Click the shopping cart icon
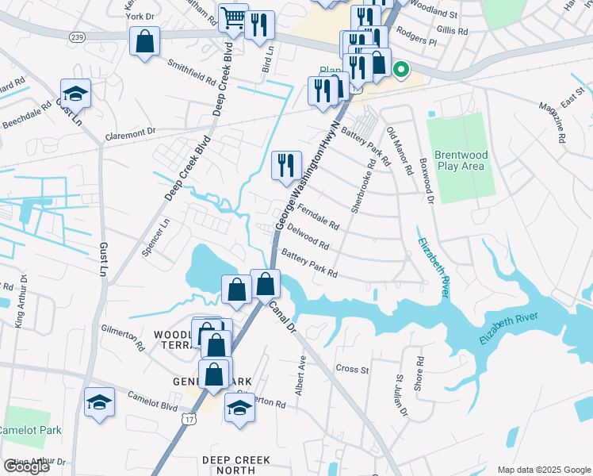pyautogui.click(x=233, y=18)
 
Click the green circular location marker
pyautogui.click(x=400, y=70)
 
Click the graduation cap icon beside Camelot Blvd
pyautogui.click(x=99, y=401)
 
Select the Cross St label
pyautogui.click(x=352, y=369)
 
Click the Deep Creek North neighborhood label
pyautogui.click(x=235, y=465)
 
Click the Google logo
pyautogui.click(x=26, y=466)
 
